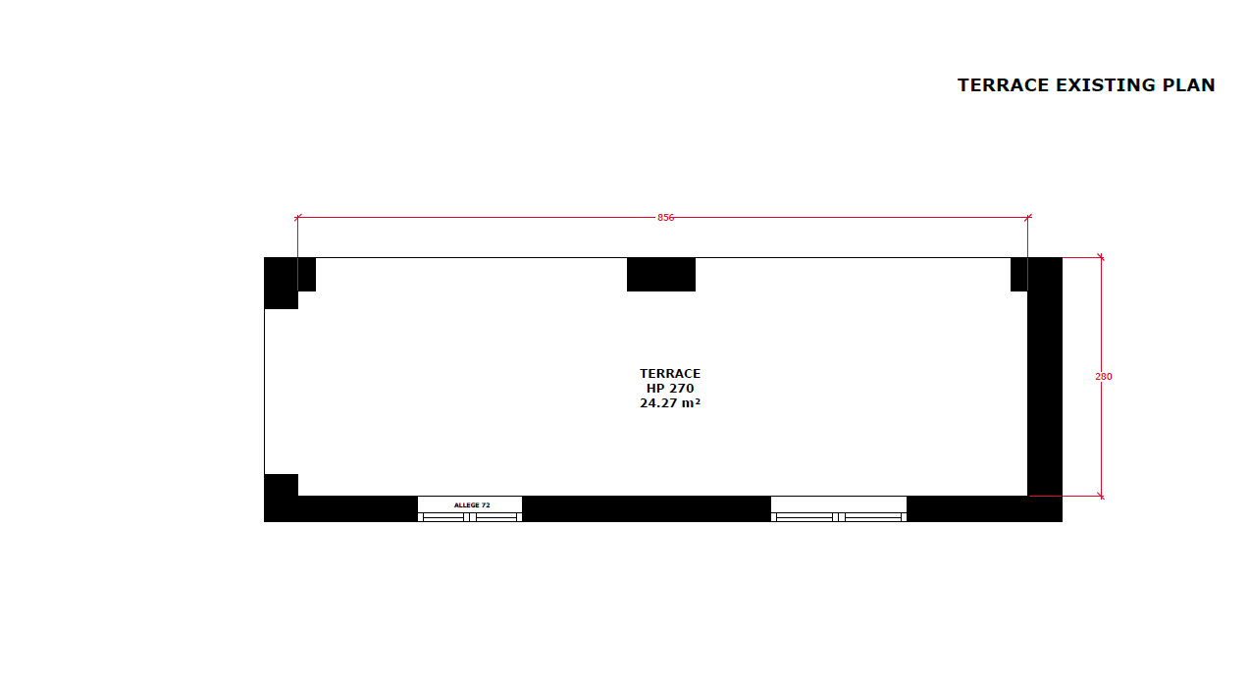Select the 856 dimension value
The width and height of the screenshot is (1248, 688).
point(665,218)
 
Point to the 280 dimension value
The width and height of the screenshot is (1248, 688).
point(1103,377)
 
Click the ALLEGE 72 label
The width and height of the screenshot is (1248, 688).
point(472,505)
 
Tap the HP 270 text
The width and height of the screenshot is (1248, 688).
point(670,388)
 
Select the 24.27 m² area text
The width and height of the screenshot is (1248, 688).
point(670,403)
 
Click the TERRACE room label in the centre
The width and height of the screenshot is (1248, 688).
point(670,374)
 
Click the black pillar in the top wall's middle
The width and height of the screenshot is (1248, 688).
point(661,274)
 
